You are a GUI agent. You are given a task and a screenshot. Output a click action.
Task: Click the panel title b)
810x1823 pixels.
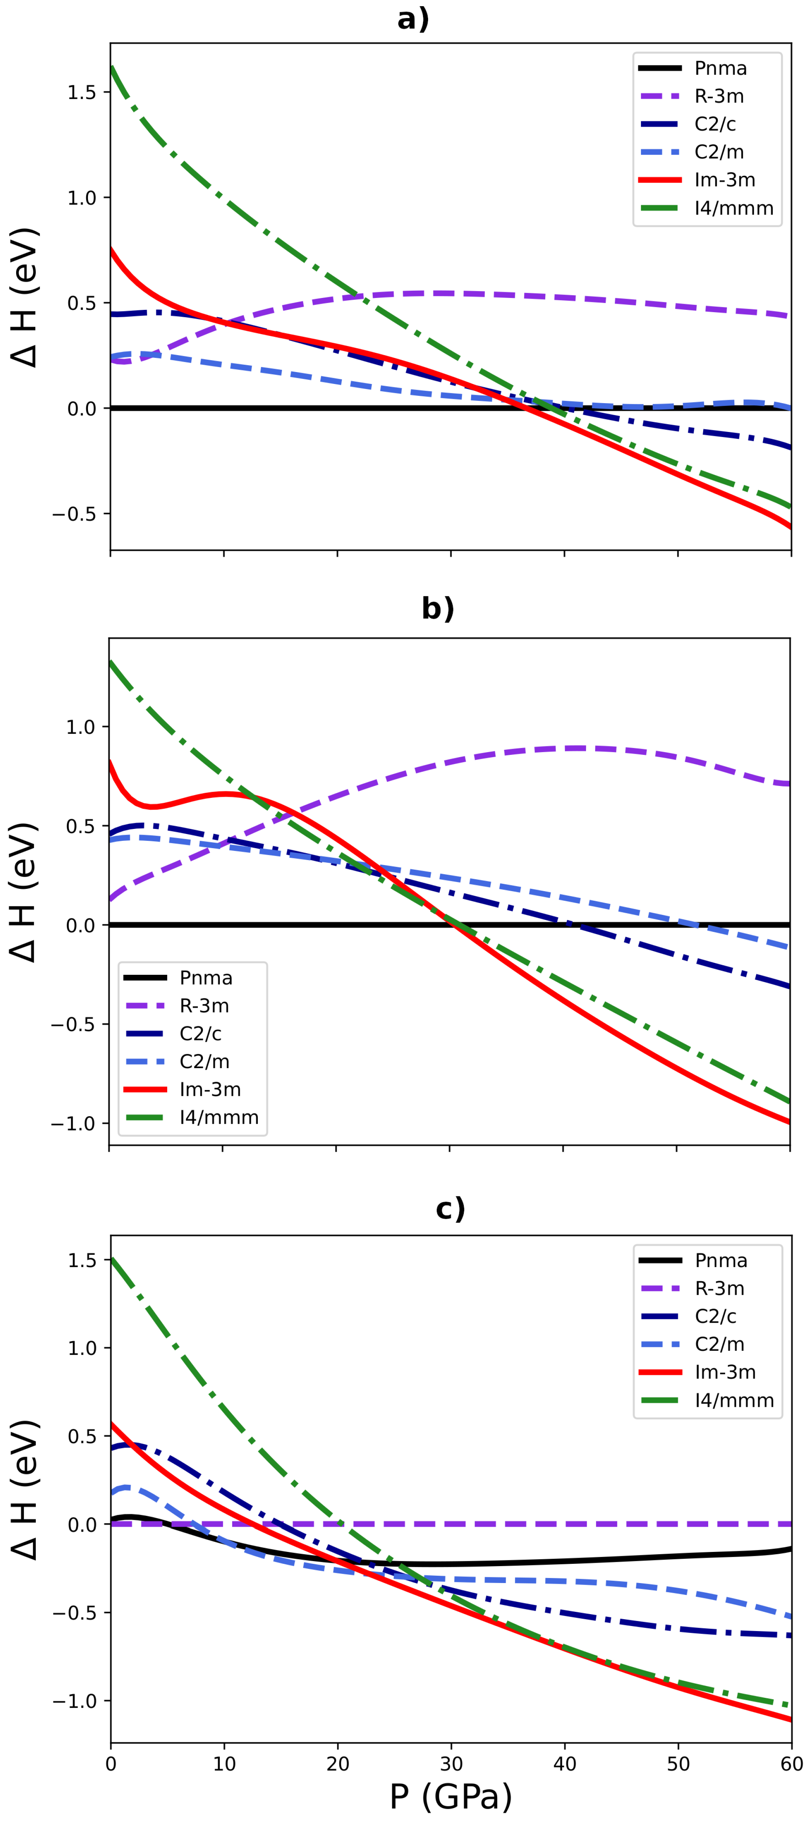[x=438, y=609]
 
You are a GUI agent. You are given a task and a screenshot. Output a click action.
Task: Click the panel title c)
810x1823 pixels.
[x=450, y=1209]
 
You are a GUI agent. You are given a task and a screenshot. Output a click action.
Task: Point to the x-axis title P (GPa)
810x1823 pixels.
[x=450, y=1796]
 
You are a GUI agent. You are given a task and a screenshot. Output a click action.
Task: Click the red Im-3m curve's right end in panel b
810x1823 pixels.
[x=789, y=1122]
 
